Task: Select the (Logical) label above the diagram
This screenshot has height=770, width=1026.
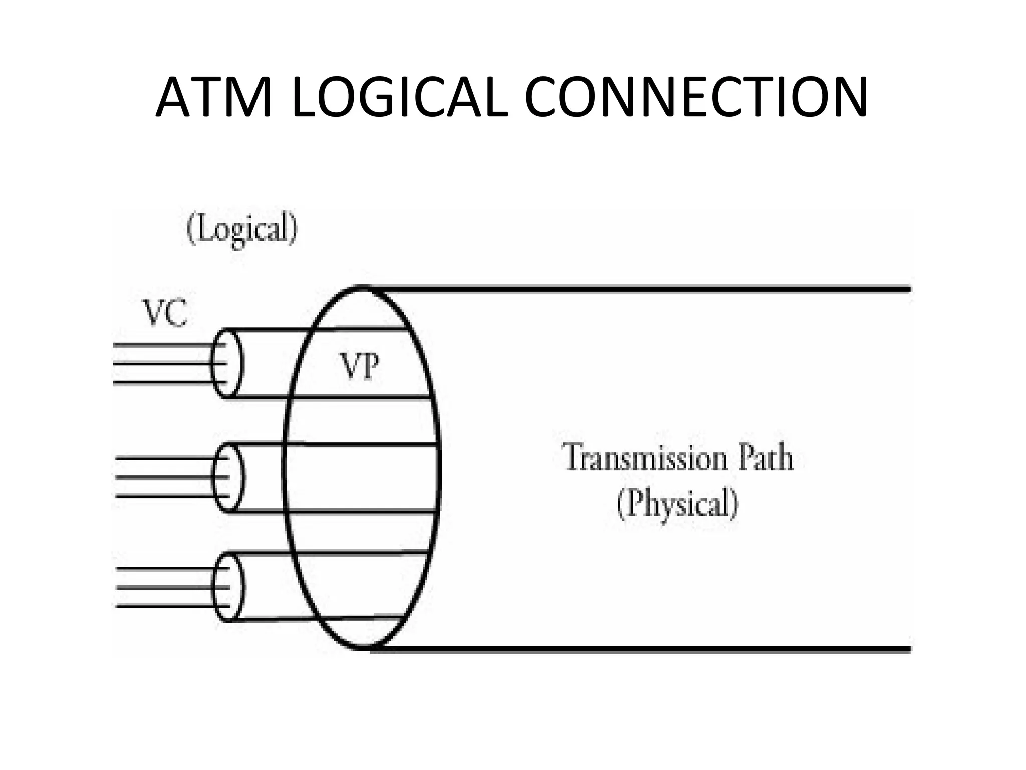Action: pos(242,229)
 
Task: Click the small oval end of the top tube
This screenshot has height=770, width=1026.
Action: pos(226,363)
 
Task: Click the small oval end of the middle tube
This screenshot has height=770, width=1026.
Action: pos(228,477)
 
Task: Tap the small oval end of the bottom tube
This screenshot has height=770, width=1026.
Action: pos(228,587)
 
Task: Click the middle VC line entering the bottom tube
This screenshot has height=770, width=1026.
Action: pos(165,587)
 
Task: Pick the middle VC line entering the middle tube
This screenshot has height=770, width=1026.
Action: pos(165,477)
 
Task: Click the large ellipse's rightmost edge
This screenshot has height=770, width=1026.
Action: pos(439,466)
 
